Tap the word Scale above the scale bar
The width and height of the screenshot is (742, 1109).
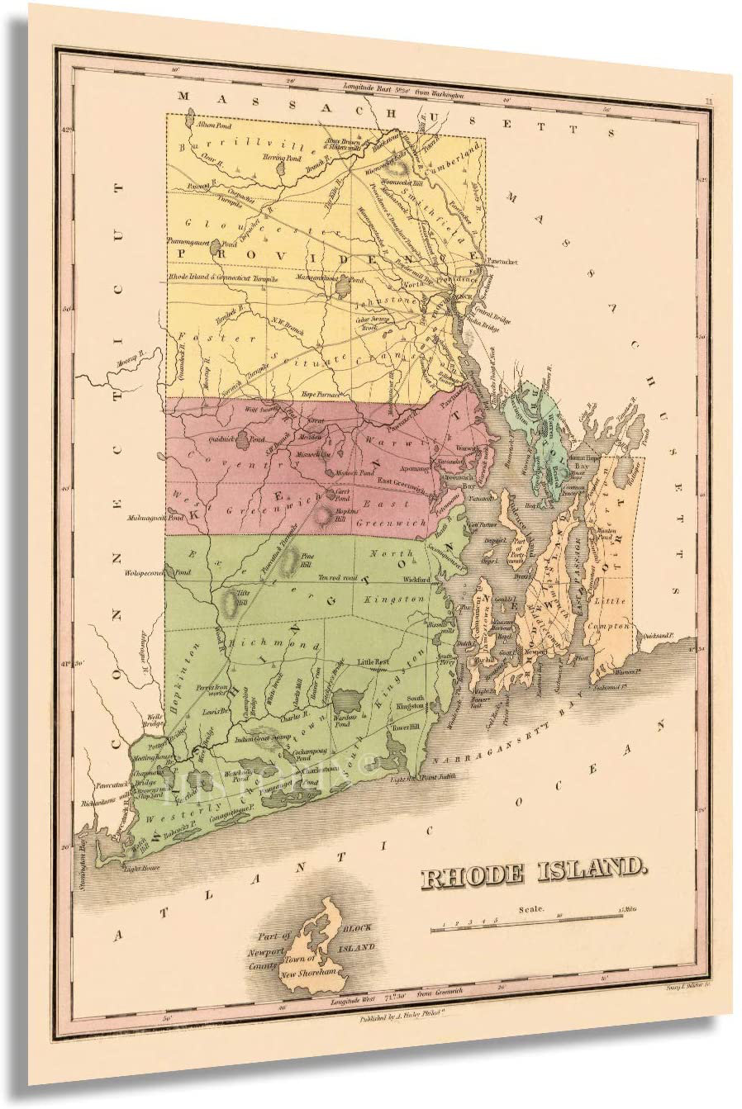point(531,909)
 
